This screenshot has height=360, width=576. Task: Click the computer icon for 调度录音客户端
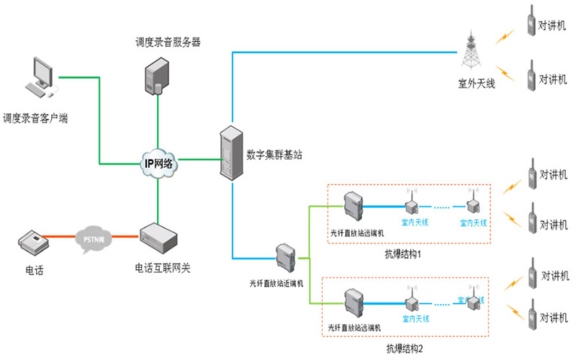point(40,80)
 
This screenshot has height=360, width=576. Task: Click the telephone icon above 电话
point(32,242)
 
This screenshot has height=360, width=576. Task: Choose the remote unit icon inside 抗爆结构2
point(354,302)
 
